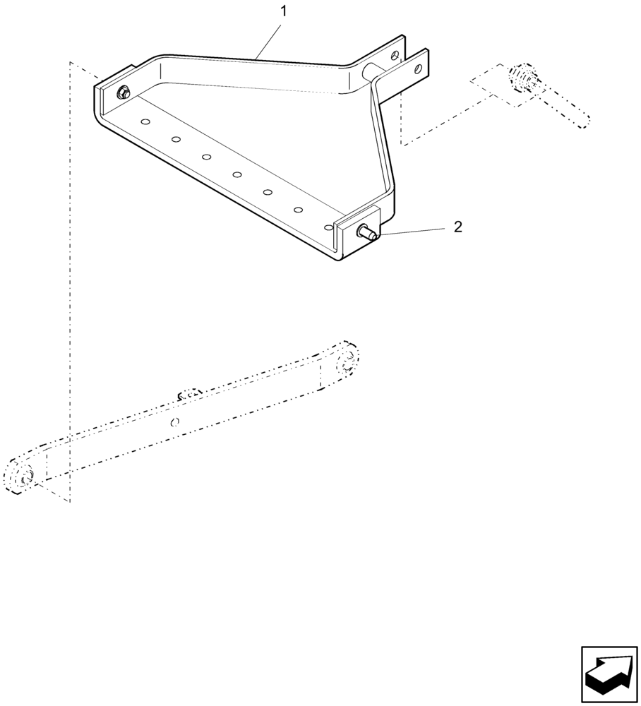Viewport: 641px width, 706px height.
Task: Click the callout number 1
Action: coord(284,11)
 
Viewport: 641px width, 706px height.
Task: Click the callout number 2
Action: coord(457,227)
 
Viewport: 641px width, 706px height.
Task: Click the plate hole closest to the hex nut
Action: coord(145,121)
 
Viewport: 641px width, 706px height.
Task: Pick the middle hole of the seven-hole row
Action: coord(237,174)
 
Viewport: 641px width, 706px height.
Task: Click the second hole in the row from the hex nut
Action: coord(176,139)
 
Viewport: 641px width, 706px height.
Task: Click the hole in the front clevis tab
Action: coord(419,69)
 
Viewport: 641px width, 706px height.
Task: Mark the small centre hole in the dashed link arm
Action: coord(176,422)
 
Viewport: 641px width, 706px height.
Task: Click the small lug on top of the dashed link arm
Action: coord(189,393)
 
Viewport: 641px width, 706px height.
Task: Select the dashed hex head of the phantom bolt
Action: coord(523,77)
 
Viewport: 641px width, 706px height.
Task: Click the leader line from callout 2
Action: coord(413,230)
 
